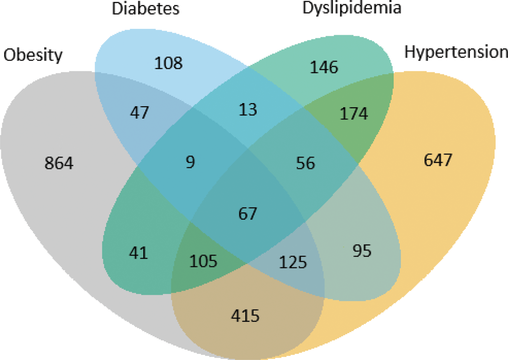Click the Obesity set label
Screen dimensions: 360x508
point(33,55)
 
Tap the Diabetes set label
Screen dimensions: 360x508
point(145,9)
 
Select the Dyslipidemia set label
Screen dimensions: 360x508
point(352,8)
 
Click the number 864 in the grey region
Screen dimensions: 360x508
point(59,163)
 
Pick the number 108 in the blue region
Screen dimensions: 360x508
point(168,63)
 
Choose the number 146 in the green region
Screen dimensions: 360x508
point(324,67)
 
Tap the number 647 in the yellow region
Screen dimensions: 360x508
point(438,160)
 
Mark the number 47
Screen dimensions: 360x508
point(139,112)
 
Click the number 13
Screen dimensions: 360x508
point(248,110)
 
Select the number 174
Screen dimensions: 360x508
point(353,114)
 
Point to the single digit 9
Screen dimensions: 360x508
point(190,162)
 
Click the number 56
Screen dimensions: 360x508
point(305,163)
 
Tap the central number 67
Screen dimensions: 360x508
point(248,214)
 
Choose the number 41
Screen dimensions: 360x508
point(138,253)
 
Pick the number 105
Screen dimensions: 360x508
point(203,261)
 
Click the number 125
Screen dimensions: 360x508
point(293,262)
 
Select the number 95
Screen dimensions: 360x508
point(362,251)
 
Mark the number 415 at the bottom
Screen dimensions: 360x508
point(245,316)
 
